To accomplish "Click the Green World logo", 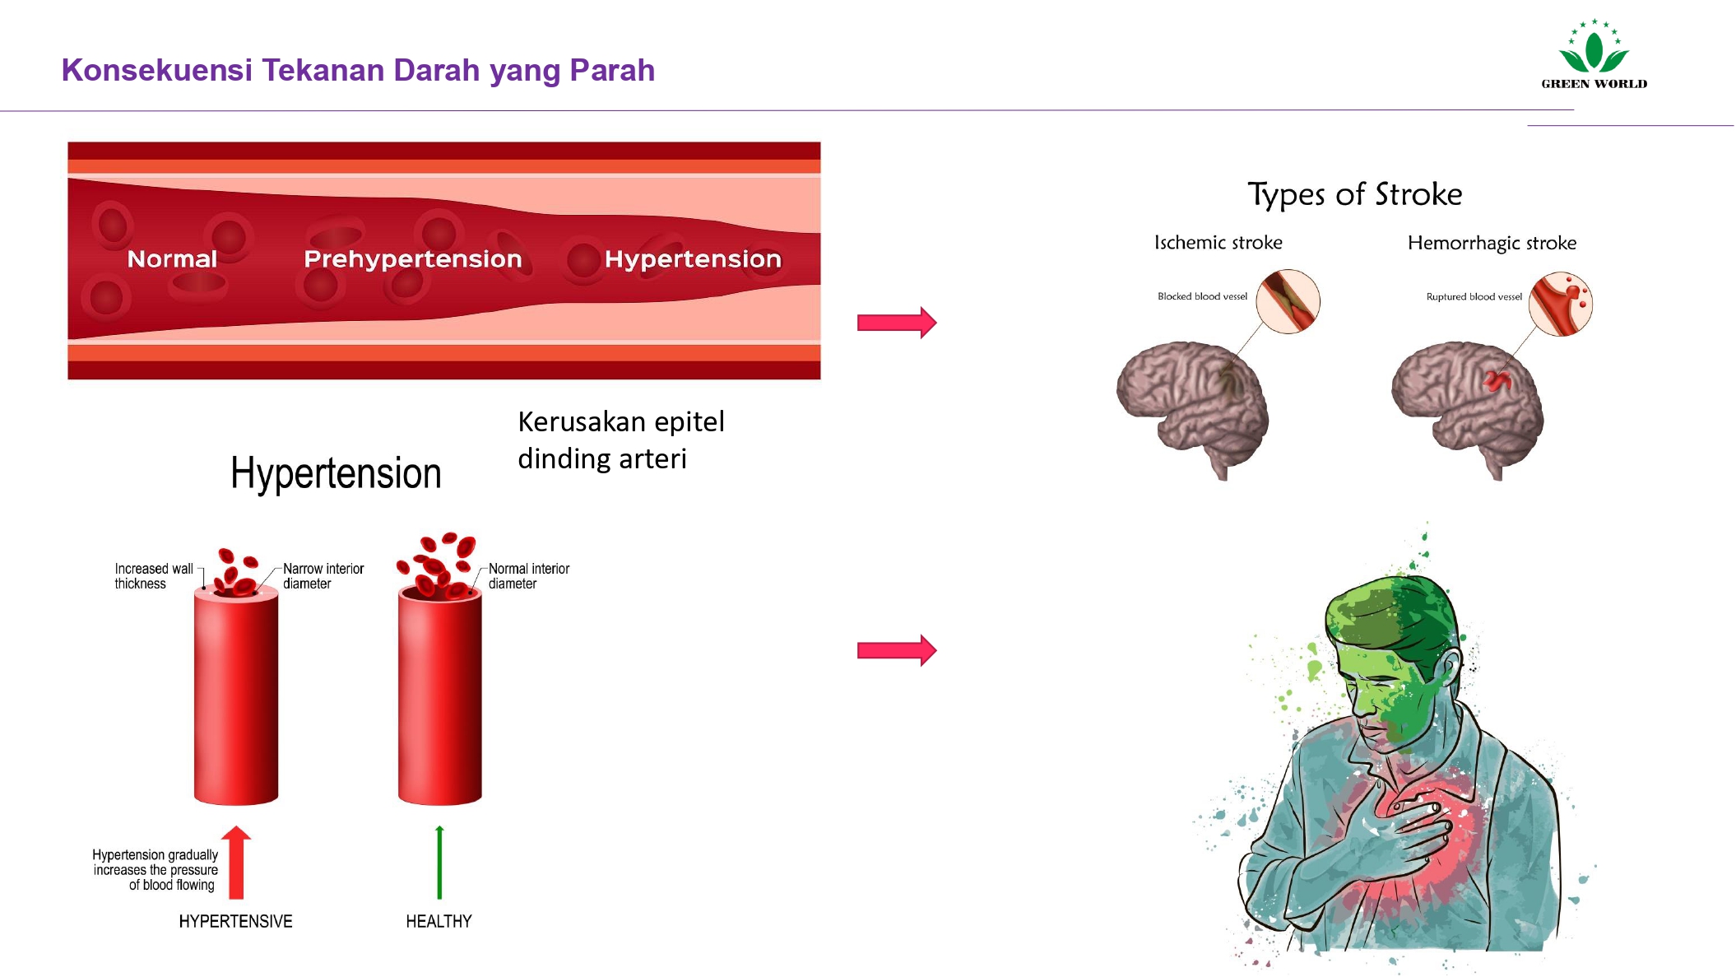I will click(1594, 54).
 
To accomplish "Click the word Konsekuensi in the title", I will click(156, 71).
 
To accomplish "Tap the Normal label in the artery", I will click(172, 259).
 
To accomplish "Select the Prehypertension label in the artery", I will click(412, 259).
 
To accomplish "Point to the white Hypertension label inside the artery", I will click(693, 259).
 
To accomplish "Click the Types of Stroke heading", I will click(1354, 194).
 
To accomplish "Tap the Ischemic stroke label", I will click(1218, 243).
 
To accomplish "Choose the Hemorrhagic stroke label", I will click(1492, 243).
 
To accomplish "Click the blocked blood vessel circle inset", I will click(1288, 301).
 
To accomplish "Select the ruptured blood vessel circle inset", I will click(1560, 304).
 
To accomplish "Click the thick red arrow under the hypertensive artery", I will click(236, 863).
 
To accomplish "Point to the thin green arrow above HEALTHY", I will click(439, 863).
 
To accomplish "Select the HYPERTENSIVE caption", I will click(235, 921).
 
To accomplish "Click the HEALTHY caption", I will click(439, 921).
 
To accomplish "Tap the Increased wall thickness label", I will click(153, 576).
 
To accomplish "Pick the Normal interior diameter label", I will click(528, 576).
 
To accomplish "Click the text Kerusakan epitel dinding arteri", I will click(620, 440).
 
